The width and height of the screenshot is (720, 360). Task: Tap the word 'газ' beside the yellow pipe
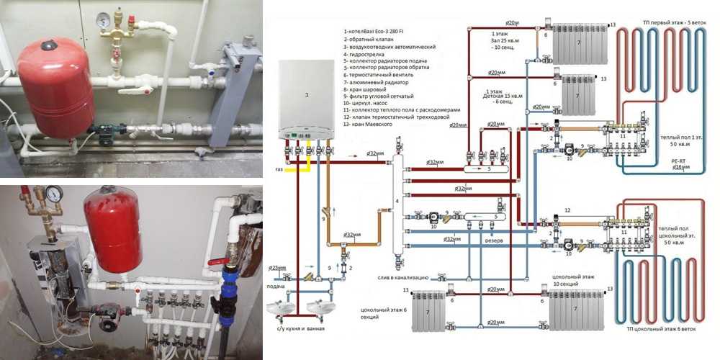click(279, 168)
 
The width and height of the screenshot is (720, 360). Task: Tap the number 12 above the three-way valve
click(567, 210)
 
